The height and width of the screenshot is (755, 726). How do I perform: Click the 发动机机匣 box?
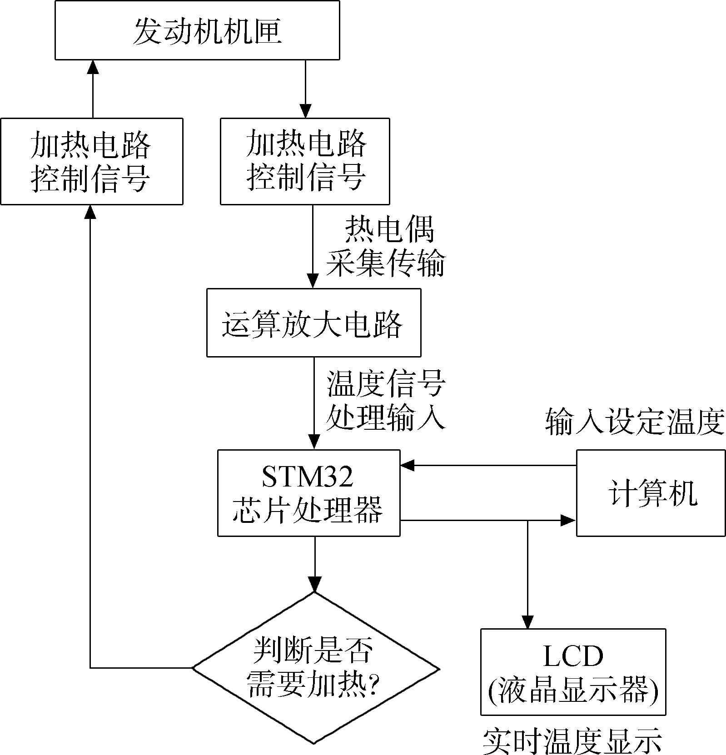[x=197, y=30]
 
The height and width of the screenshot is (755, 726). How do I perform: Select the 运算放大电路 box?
[x=313, y=323]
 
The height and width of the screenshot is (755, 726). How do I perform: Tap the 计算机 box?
[x=651, y=493]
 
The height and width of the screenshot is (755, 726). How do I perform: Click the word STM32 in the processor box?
[x=308, y=477]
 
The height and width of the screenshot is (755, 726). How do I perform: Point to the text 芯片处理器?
[x=308, y=509]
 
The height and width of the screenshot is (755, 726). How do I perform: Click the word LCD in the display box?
[x=573, y=656]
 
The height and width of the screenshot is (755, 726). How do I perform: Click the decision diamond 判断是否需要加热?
[x=315, y=668]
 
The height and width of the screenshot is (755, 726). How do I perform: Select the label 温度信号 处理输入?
[x=386, y=400]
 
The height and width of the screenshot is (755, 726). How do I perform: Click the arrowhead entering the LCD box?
[x=527, y=622]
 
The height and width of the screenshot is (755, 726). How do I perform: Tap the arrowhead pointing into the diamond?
[x=314, y=584]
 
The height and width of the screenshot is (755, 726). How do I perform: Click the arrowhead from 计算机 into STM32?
[x=408, y=465]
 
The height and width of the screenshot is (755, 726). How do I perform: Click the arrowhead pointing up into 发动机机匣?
[x=93, y=67]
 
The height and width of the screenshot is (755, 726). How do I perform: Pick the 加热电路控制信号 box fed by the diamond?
[x=92, y=161]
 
